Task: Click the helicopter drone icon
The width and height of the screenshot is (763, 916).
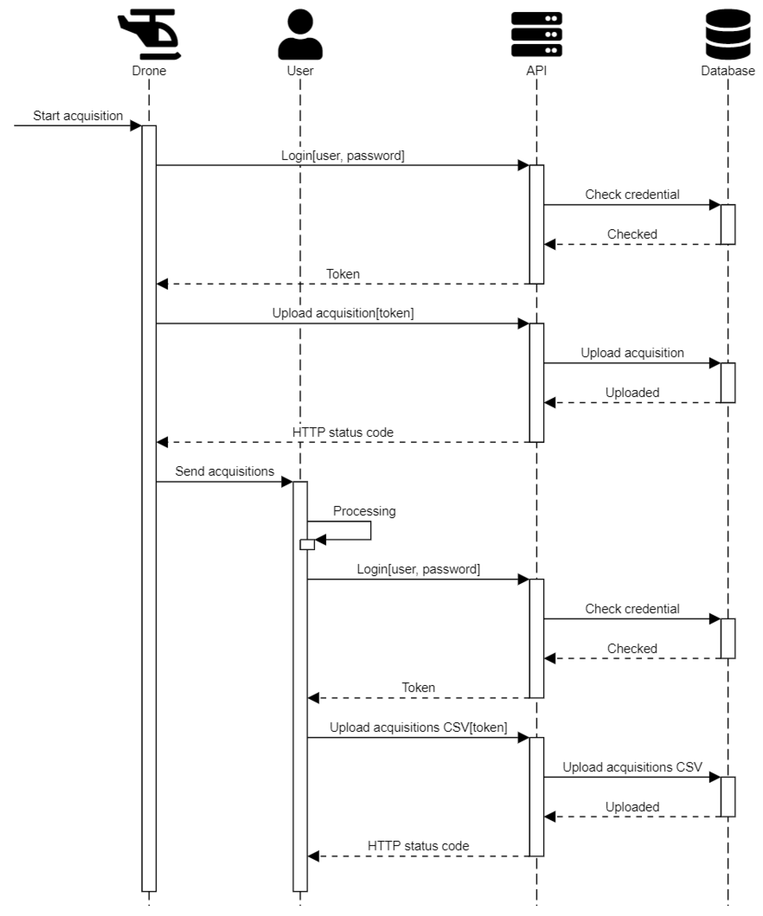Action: [149, 34]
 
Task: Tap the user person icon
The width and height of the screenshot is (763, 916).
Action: [300, 34]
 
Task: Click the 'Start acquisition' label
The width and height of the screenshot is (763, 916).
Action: [78, 116]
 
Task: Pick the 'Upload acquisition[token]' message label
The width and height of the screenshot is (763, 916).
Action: [343, 313]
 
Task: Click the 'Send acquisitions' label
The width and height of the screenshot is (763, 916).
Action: [224, 471]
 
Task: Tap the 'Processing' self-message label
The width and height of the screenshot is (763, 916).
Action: [364, 511]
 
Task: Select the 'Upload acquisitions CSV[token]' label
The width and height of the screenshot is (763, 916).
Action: [418, 728]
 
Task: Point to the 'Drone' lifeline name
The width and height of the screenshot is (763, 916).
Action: [149, 71]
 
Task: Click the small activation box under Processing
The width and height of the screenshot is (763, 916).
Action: [307, 544]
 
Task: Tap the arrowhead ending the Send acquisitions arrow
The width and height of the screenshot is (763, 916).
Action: [287, 482]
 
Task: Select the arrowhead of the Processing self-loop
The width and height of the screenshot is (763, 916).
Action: [320, 540]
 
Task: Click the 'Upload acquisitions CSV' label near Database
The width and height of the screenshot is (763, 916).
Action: [632, 767]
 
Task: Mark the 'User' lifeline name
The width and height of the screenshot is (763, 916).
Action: [300, 71]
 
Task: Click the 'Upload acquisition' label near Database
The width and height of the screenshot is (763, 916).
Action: [632, 353]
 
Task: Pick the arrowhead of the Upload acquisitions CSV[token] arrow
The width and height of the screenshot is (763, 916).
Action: [523, 738]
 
